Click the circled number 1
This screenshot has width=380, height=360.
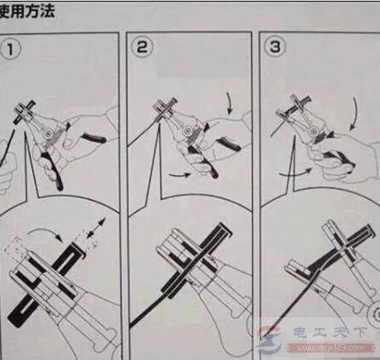(11, 49)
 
